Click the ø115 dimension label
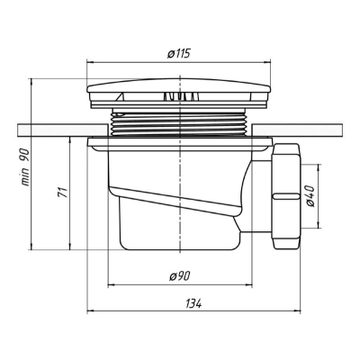coord(179,54)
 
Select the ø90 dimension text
coord(179,276)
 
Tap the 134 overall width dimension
coord(193,303)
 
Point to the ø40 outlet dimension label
coord(310,196)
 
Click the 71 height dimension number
coord(63,192)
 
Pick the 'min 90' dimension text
coord(25,167)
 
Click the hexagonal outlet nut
coord(285,196)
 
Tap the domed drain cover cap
coord(179,85)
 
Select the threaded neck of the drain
coord(179,122)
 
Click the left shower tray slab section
coord(63,130)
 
